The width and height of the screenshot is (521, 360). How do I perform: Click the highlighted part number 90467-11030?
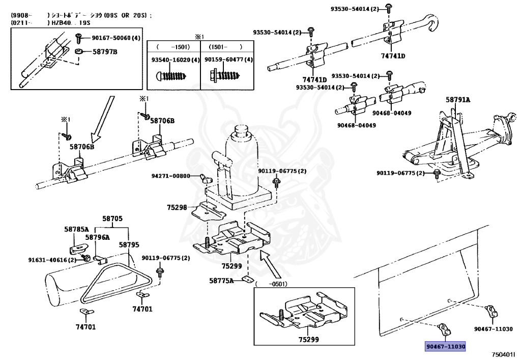pyautogui.click(x=446, y=346)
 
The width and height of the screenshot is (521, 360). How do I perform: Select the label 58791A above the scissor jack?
pyautogui.click(x=458, y=100)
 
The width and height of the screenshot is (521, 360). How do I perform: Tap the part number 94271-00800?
pyautogui.click(x=171, y=176)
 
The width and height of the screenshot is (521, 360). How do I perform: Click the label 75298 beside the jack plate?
pyautogui.click(x=177, y=207)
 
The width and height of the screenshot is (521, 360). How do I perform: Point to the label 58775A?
pyautogui.click(x=221, y=280)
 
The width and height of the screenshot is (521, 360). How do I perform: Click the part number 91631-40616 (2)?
pyautogui.click(x=52, y=260)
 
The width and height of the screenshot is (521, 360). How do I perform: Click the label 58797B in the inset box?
pyautogui.click(x=105, y=52)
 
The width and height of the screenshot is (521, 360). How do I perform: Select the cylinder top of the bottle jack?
pyautogui.click(x=242, y=133)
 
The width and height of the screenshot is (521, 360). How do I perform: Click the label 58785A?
pyautogui.click(x=76, y=229)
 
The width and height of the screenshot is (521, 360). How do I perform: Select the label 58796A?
pyautogui.click(x=97, y=237)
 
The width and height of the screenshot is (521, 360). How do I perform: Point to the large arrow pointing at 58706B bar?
pyautogui.click(x=100, y=119)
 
